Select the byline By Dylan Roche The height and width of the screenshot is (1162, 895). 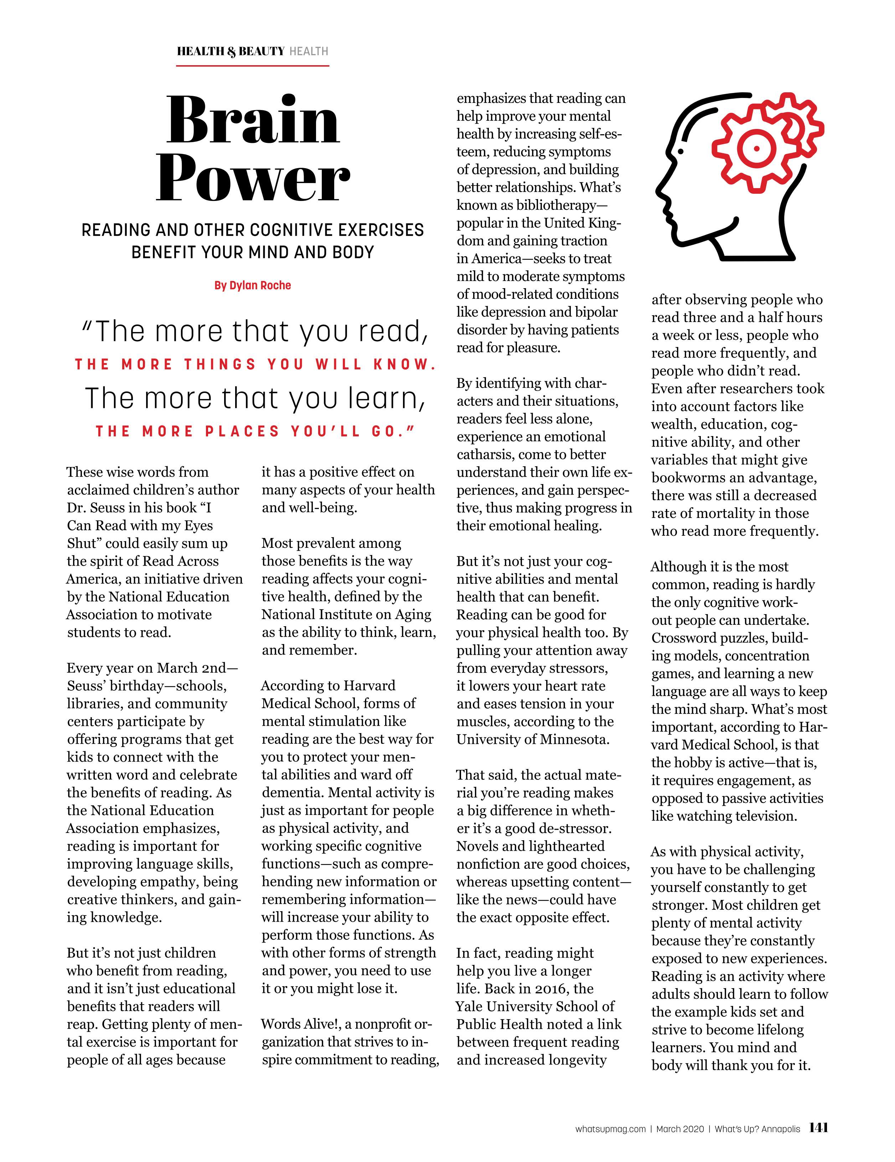pos(253,285)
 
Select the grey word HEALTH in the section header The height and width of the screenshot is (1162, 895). pos(309,52)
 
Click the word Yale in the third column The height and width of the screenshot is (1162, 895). pos(469,1007)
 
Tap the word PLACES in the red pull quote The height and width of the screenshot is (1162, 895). pos(243,431)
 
